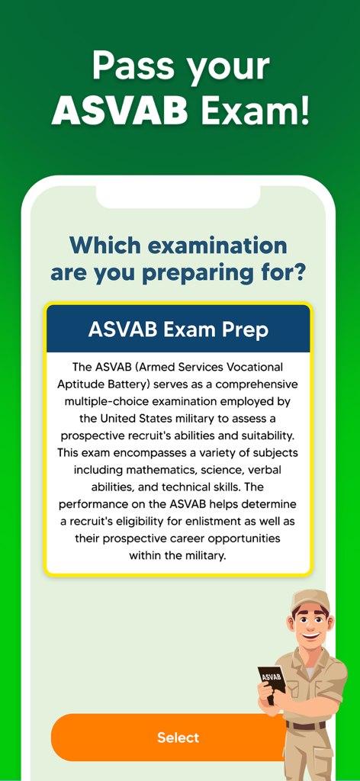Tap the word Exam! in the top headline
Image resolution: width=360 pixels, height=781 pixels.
pos(256,111)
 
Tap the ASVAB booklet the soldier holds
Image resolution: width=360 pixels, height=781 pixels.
pos(272,679)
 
